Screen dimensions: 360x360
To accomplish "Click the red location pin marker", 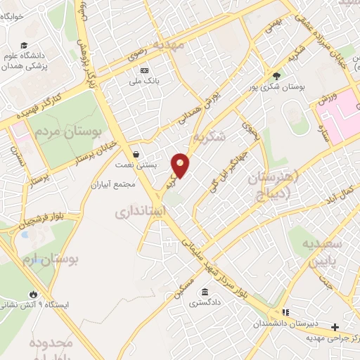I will (x=181, y=165).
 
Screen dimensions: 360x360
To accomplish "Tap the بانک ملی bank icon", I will (x=144, y=70).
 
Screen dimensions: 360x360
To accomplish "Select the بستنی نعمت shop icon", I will (x=135, y=154).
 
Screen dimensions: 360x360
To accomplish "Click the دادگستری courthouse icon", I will (x=205, y=292).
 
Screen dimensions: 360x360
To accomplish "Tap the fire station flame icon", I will (x=32, y=294).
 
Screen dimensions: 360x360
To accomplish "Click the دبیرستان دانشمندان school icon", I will (x=285, y=312).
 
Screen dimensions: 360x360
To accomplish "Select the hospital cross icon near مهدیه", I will (x=335, y=327).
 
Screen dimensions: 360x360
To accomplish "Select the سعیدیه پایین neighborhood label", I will (x=321, y=250).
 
